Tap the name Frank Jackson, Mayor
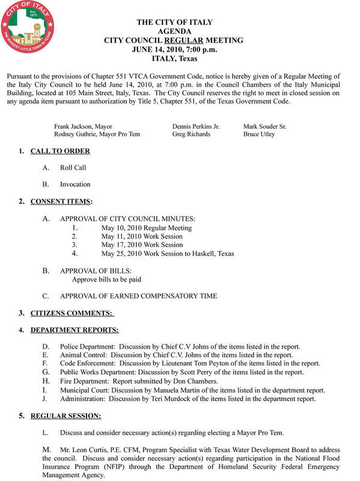click(x=83, y=127)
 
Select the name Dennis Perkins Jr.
click(x=196, y=127)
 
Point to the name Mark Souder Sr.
click(x=264, y=127)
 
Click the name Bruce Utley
click(x=259, y=134)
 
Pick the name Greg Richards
click(x=191, y=134)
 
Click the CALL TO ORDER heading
click(x=60, y=151)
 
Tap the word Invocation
click(x=75, y=184)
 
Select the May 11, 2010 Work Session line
click(x=142, y=236)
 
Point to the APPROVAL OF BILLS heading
click(x=96, y=271)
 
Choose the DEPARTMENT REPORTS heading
click(x=75, y=329)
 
